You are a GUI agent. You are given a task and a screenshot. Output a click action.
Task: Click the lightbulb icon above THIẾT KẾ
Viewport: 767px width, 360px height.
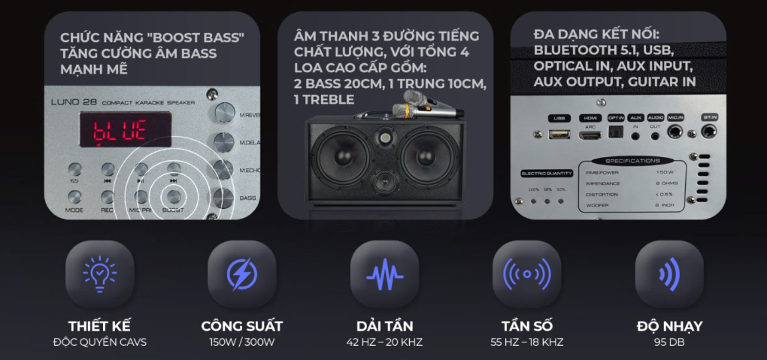(99, 274)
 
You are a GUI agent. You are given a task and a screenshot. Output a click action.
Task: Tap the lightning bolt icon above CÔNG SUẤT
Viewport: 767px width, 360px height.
(241, 274)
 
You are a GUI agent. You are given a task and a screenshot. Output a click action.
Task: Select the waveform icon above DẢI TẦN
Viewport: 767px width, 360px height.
(384, 274)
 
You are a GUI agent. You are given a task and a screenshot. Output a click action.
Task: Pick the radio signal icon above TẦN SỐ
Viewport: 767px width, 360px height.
(526, 274)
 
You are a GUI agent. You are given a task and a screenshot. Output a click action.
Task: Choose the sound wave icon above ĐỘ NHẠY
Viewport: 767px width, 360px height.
(669, 274)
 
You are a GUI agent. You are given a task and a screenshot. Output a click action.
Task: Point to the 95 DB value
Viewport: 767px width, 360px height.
(669, 343)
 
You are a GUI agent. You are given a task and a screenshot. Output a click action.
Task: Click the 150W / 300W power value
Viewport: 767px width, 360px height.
(241, 343)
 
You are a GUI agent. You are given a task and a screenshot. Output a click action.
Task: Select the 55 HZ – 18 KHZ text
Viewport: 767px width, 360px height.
(526, 343)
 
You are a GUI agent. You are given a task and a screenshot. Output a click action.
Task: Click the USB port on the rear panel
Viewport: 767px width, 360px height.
(559, 134)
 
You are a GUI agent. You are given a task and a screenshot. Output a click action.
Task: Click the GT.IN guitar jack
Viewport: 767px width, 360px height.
(709, 133)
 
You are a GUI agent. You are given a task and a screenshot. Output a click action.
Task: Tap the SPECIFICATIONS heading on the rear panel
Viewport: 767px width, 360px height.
(632, 161)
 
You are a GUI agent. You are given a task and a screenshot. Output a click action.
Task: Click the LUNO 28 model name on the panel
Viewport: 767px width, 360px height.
(74, 101)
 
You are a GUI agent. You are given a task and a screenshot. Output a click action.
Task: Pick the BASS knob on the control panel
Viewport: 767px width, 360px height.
(223, 197)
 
